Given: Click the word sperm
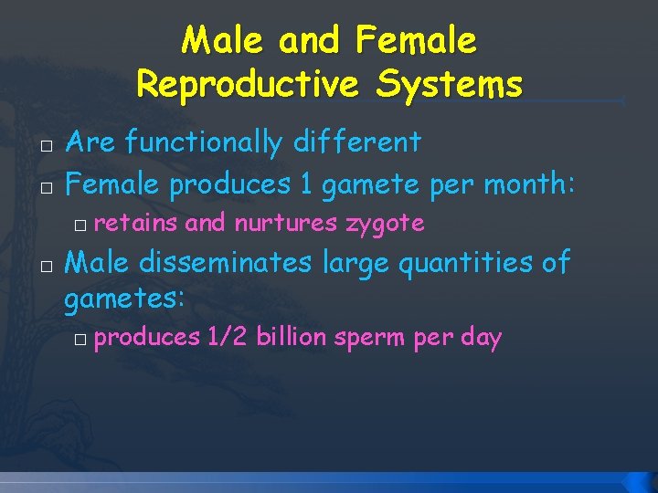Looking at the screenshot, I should pos(370,338).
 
